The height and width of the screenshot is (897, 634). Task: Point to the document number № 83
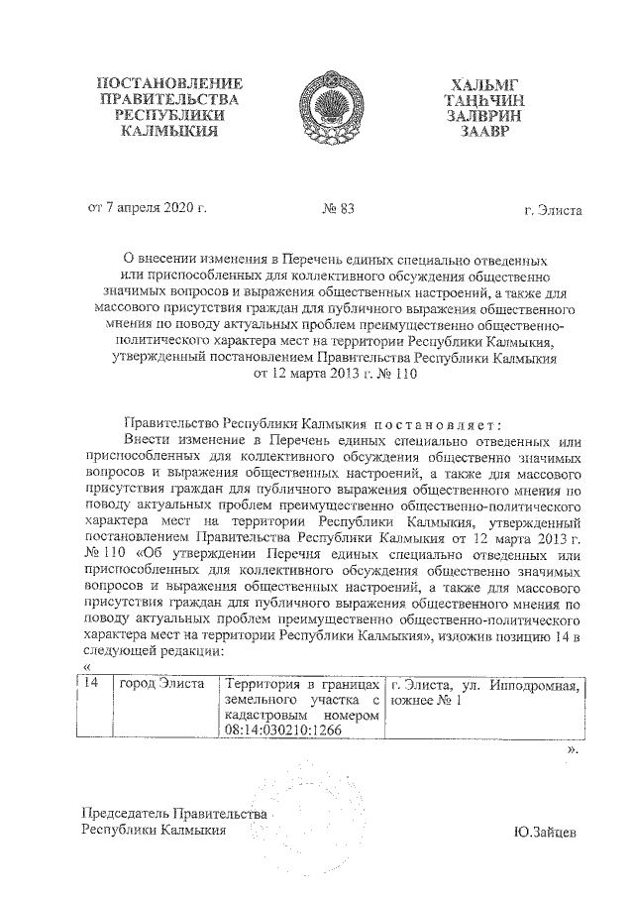pos(339,209)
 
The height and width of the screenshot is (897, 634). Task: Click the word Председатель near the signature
pos(133,815)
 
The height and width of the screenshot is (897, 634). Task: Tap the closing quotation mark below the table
pos(572,751)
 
